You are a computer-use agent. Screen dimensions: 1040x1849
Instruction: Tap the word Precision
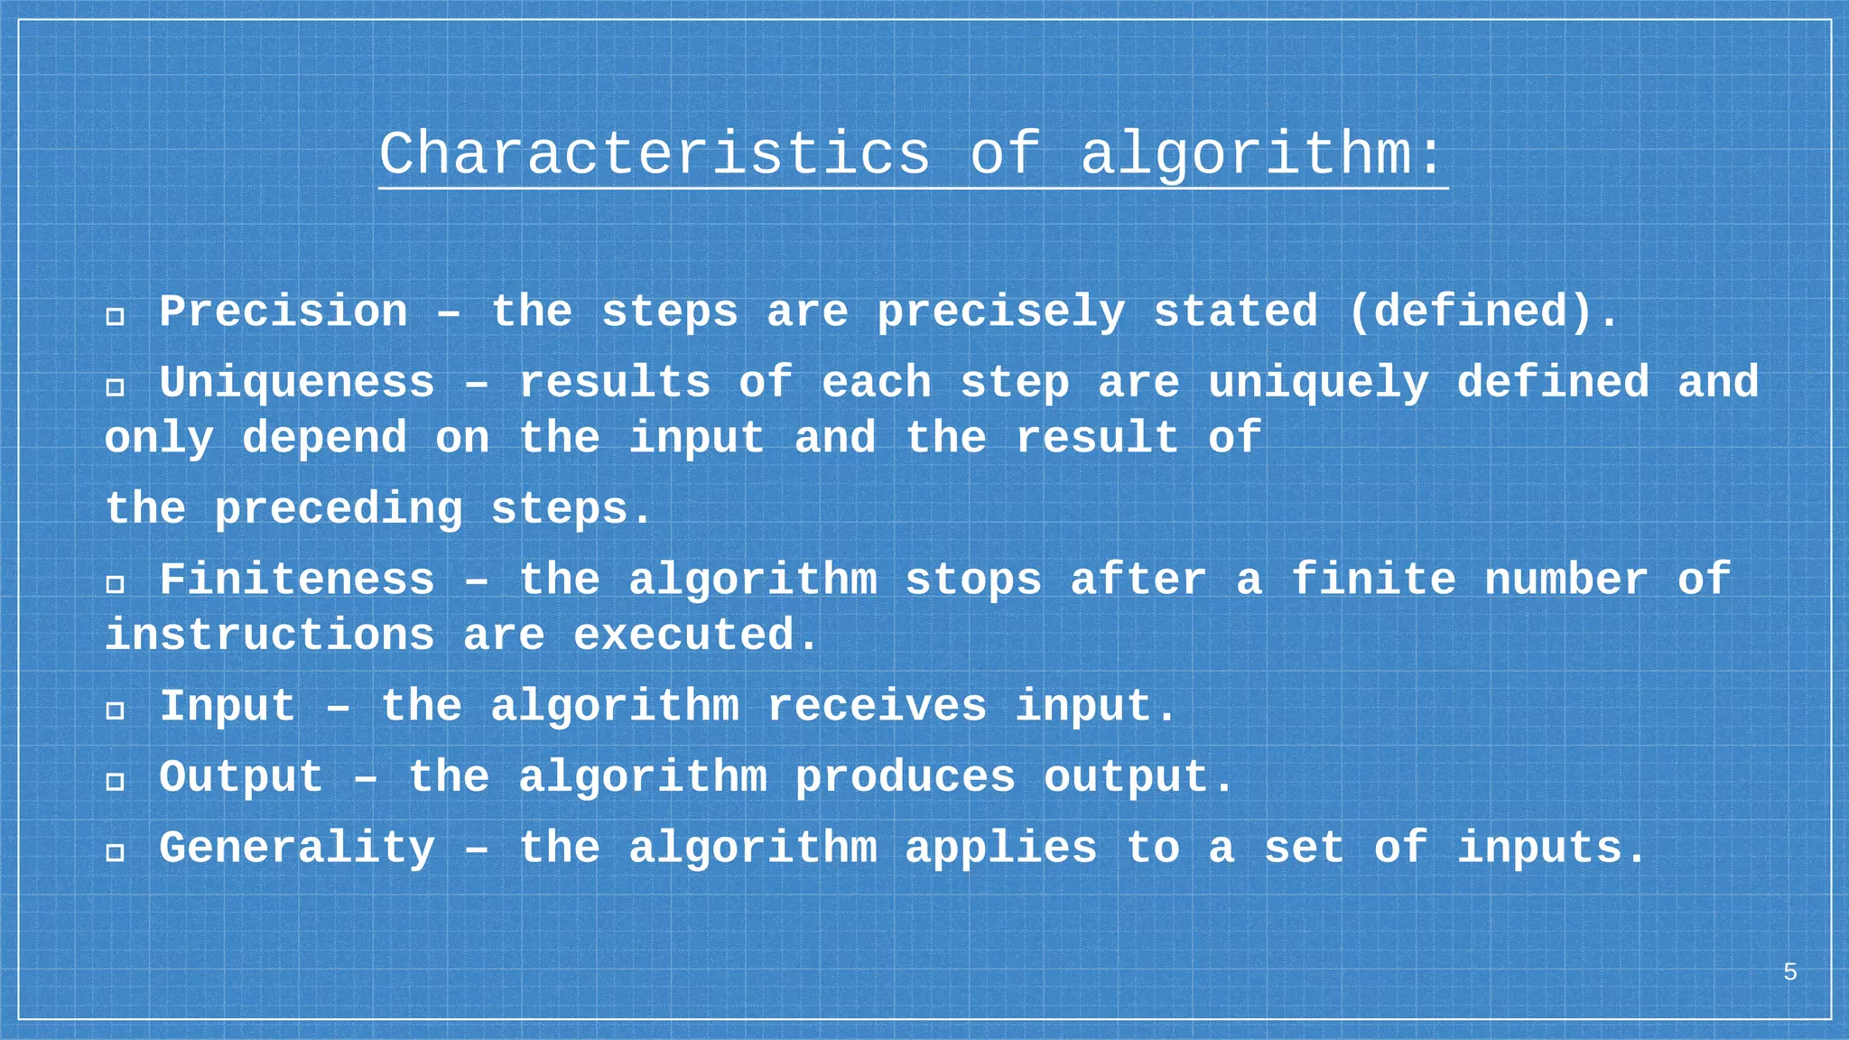click(283, 312)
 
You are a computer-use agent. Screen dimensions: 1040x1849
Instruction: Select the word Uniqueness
click(297, 383)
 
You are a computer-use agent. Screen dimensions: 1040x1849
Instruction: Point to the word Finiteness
click(297, 580)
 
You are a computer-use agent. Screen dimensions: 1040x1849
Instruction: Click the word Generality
click(297, 849)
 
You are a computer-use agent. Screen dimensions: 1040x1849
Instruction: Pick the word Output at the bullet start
click(241, 777)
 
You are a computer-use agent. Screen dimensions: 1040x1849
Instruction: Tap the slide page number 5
click(1789, 972)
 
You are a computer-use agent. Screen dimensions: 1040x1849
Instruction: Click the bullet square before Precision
click(115, 316)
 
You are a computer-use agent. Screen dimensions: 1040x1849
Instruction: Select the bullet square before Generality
click(115, 852)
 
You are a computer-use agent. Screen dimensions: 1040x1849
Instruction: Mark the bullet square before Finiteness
click(115, 584)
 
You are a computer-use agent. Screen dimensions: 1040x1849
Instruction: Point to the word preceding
click(339, 509)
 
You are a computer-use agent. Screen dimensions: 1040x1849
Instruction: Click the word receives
click(877, 706)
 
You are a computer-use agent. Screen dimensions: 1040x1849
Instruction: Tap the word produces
click(905, 777)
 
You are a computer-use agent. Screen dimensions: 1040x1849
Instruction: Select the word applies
click(1000, 849)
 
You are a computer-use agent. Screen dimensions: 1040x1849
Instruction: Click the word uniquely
click(1318, 383)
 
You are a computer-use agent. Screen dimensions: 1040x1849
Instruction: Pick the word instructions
click(270, 635)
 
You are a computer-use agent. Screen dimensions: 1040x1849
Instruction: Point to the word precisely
click(1000, 312)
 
